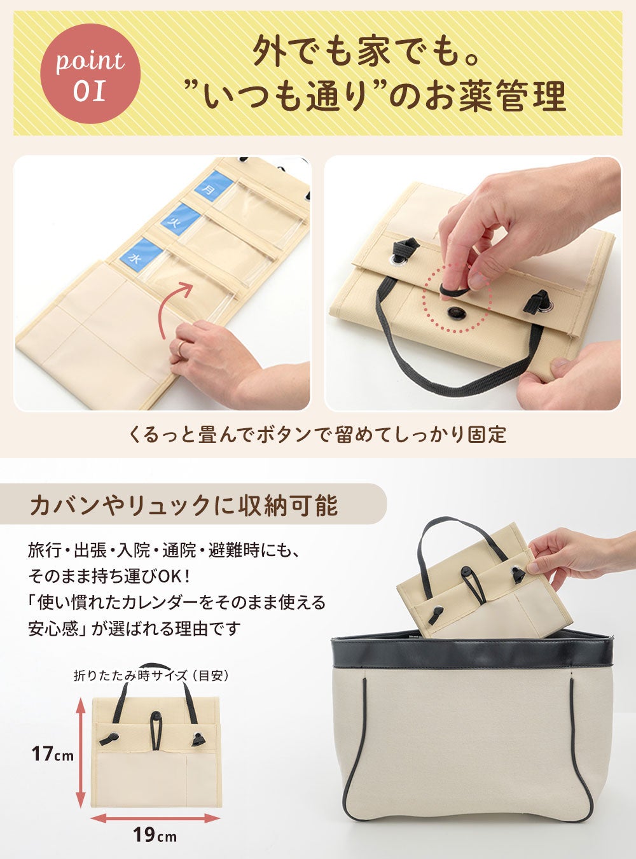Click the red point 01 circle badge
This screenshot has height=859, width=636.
[x=90, y=74]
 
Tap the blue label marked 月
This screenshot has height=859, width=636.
[x=213, y=186]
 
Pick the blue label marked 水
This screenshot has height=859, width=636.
[x=141, y=253]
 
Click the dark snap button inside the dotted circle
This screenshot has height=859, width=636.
[x=454, y=312]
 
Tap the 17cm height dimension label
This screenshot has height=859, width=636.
[x=53, y=754]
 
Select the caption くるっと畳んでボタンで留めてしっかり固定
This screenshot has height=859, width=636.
[x=317, y=435]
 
